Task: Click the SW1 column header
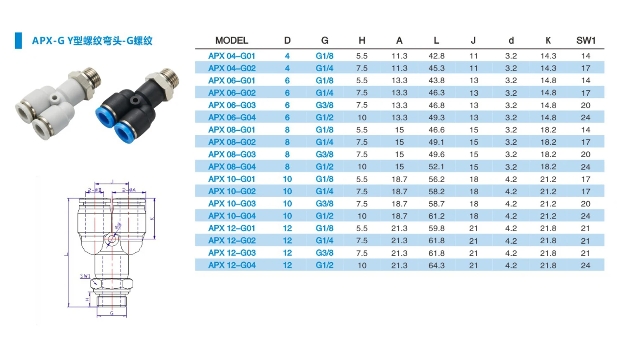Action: click(x=586, y=40)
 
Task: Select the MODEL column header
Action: click(x=232, y=40)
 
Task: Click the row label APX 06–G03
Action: click(x=232, y=105)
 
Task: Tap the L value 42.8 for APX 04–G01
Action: click(x=436, y=56)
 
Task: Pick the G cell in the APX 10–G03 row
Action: click(x=324, y=204)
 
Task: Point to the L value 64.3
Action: click(x=436, y=265)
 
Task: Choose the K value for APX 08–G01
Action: click(x=548, y=130)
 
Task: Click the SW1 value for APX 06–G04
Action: click(x=586, y=118)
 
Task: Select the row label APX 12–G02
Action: click(x=232, y=240)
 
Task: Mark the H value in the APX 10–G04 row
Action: click(x=362, y=216)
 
